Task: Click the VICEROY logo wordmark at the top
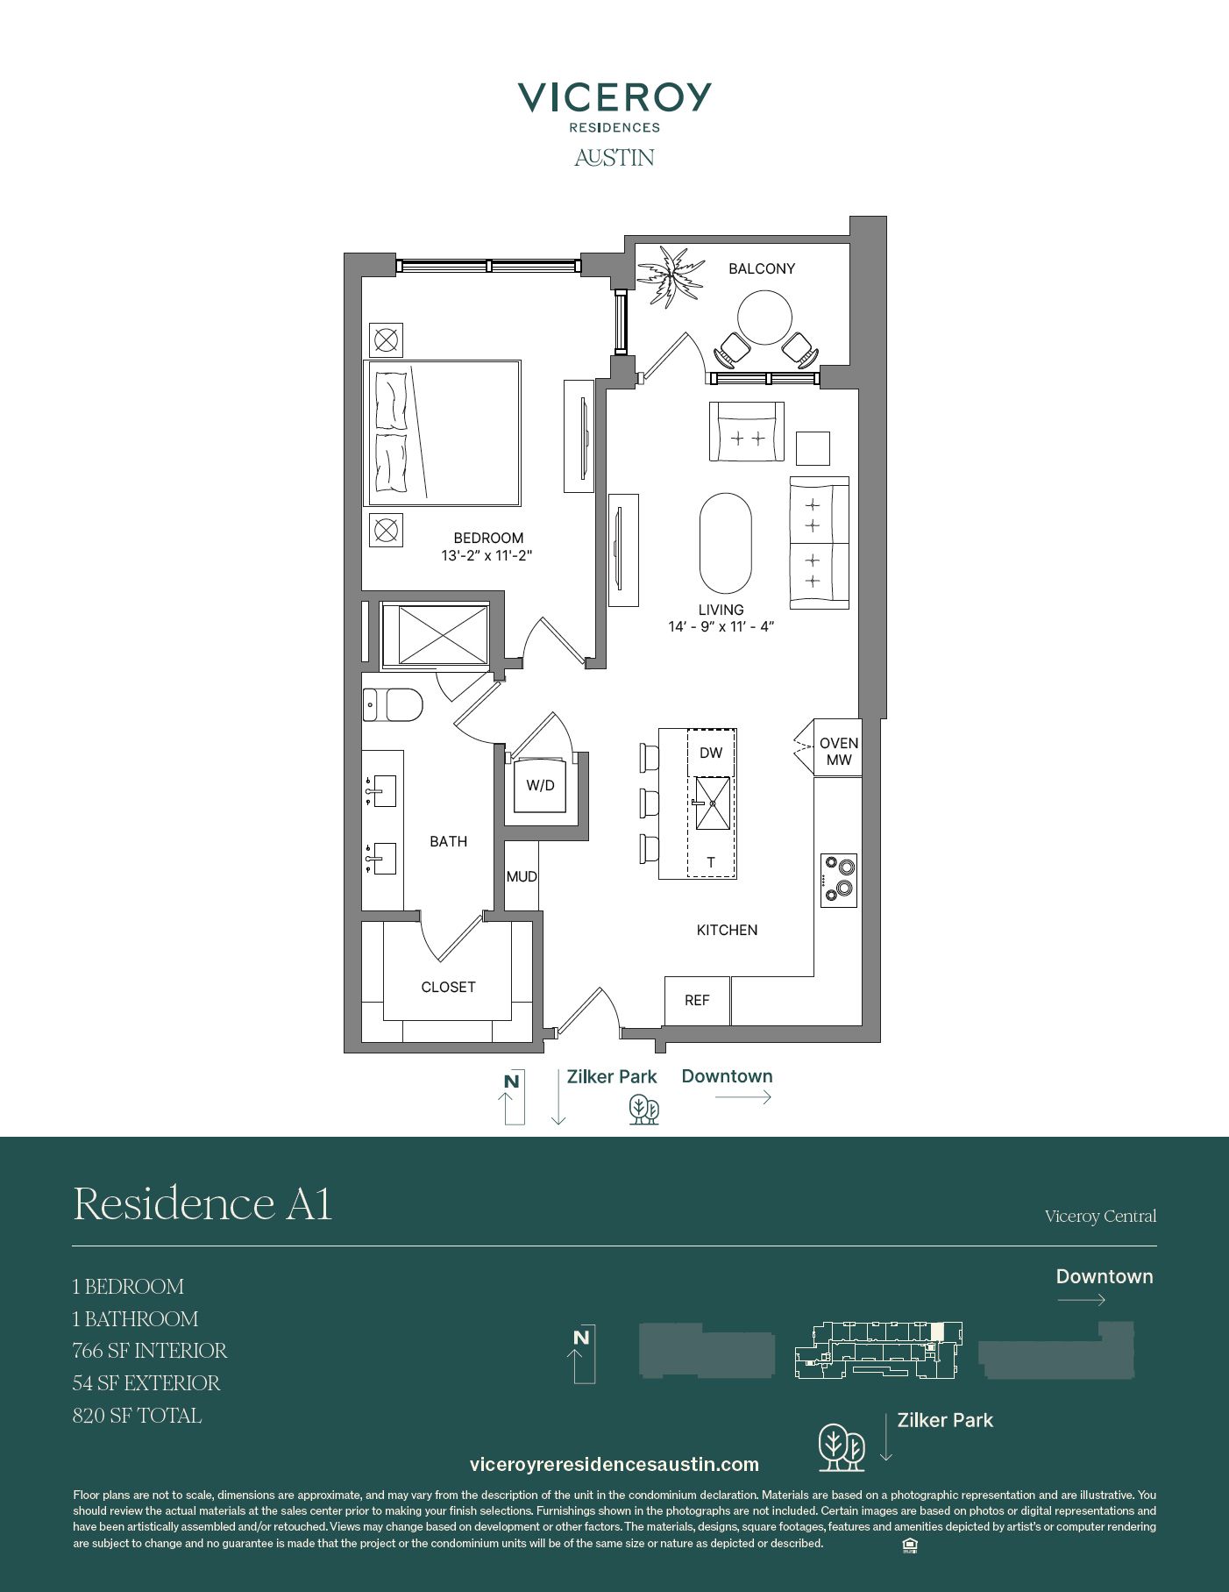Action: [614, 96]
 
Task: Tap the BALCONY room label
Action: [762, 268]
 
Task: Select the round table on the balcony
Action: [764, 318]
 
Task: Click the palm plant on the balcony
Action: [671, 275]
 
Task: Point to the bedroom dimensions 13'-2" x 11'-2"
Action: [487, 555]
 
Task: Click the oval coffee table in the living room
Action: [725, 544]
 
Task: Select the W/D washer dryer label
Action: [540, 785]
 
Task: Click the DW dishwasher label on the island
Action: [711, 753]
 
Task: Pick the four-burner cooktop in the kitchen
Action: [839, 880]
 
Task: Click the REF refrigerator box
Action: [697, 1001]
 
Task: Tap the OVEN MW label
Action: [839, 752]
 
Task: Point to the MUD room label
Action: [522, 876]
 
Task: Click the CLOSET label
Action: [448, 987]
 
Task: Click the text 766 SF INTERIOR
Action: [150, 1351]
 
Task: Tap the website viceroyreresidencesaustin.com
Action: [614, 1464]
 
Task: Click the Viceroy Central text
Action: [1100, 1217]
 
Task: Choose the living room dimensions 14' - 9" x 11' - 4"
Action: [721, 626]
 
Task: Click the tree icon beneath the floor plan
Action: [644, 1110]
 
